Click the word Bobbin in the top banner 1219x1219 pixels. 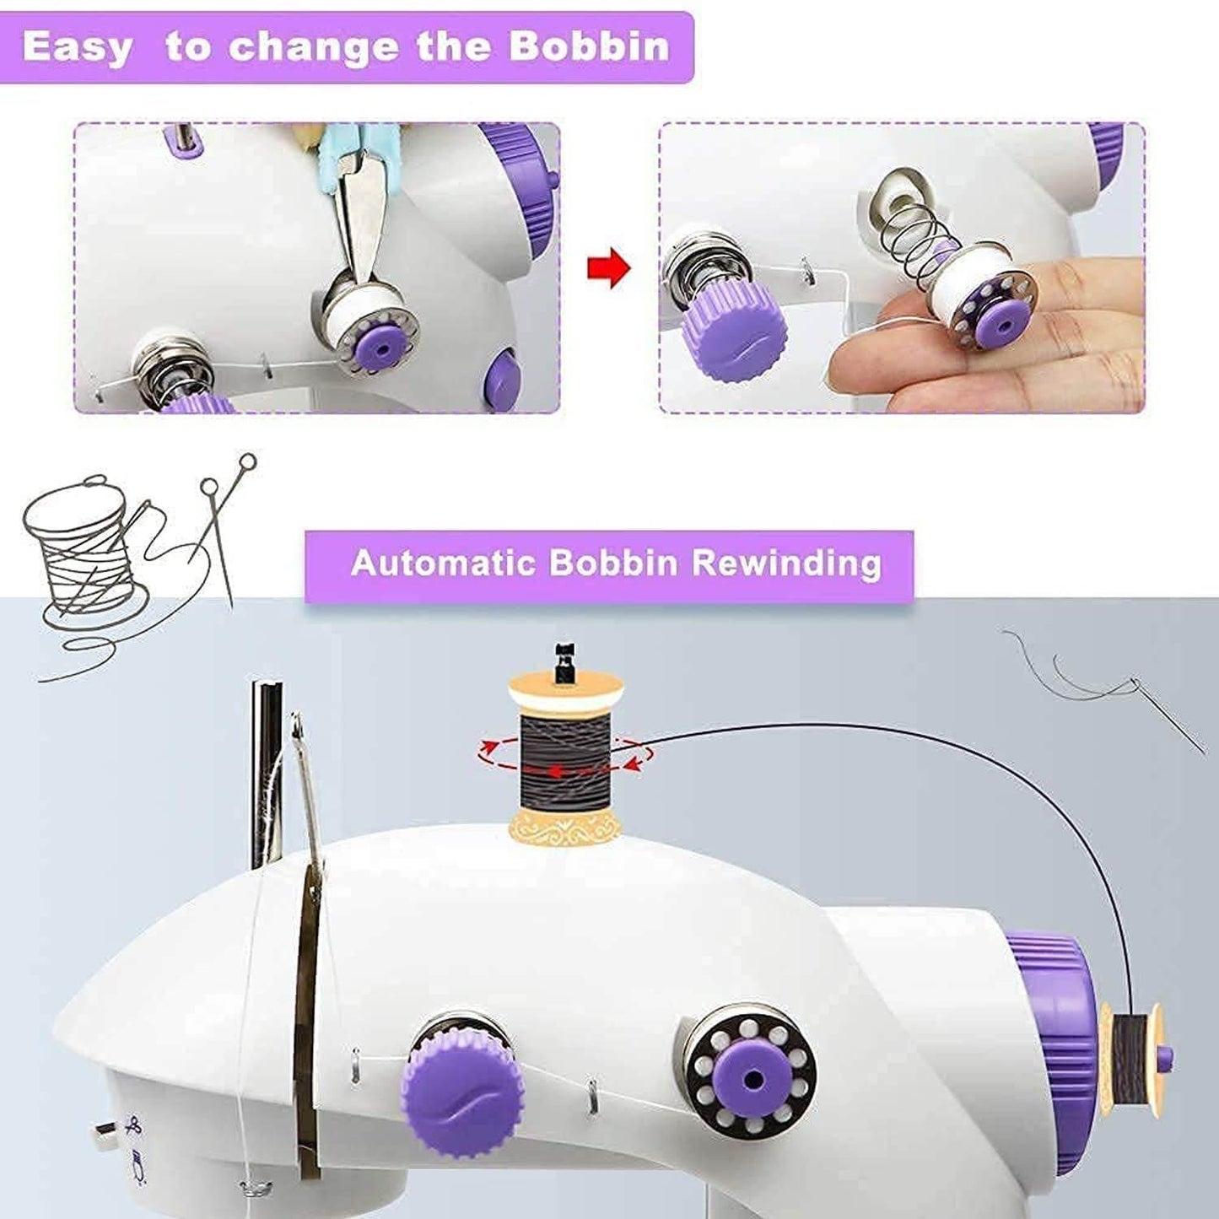(x=589, y=46)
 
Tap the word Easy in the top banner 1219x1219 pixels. (x=77, y=47)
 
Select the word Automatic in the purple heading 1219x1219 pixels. (x=443, y=563)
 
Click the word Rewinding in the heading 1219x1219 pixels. (x=786, y=563)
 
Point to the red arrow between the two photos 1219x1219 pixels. (x=609, y=269)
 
